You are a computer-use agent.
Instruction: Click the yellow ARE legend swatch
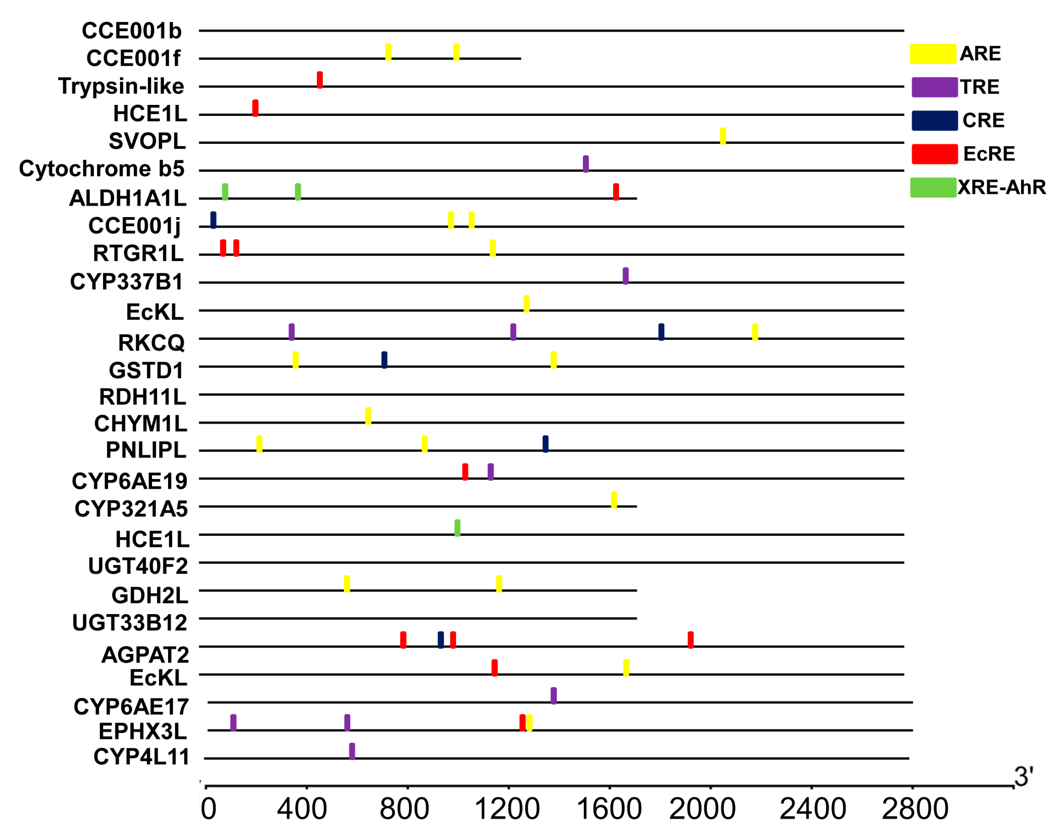click(x=932, y=54)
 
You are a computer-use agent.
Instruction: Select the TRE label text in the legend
click(x=979, y=87)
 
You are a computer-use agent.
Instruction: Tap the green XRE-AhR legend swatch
click(x=933, y=188)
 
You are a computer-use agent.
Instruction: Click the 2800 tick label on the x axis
click(x=914, y=809)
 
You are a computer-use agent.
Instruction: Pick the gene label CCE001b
click(x=131, y=31)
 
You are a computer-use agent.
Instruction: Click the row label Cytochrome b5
click(x=102, y=169)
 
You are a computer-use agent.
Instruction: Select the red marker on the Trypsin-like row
click(x=320, y=80)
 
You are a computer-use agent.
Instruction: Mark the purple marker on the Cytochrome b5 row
click(x=586, y=164)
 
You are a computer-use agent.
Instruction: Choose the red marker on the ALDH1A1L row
click(x=616, y=192)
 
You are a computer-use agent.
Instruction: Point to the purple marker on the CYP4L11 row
click(x=352, y=751)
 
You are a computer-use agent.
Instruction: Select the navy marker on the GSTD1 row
click(x=384, y=360)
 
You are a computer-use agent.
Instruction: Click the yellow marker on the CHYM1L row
click(x=368, y=416)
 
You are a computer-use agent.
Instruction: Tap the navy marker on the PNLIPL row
click(x=545, y=444)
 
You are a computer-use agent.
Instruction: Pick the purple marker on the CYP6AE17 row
click(x=553, y=696)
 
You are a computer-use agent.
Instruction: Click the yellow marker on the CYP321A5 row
click(x=614, y=500)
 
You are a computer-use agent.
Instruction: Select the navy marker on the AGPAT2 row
click(x=441, y=640)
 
